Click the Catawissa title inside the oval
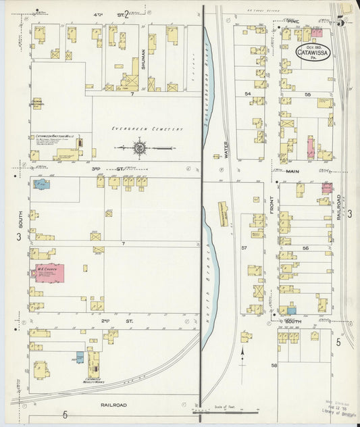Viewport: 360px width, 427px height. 313,51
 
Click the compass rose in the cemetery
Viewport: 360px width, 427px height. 139,147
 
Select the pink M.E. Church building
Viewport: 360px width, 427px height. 49,274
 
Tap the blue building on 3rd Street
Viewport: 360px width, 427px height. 41,184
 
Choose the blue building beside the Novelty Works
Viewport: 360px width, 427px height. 80,357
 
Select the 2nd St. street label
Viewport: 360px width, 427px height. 105,322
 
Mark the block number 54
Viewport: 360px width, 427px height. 248,93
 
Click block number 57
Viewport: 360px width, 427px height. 245,249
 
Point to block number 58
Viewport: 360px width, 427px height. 274,365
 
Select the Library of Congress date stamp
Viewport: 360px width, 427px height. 338,411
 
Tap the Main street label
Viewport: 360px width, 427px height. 292,172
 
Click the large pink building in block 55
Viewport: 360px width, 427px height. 311,147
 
